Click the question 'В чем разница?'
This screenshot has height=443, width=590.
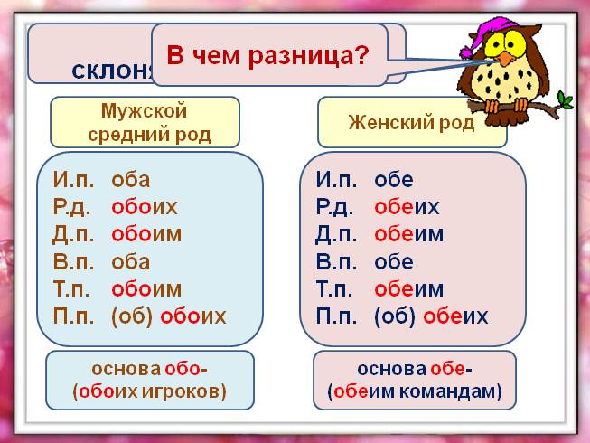point(268,55)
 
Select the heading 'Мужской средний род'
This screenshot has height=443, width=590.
point(145,123)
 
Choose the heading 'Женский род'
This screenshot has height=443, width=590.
point(411,123)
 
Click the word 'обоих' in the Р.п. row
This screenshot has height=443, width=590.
point(145,206)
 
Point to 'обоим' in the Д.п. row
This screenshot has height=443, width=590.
point(146,234)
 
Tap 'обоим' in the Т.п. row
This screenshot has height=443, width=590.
point(146,289)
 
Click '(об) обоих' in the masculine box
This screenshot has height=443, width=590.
point(168,316)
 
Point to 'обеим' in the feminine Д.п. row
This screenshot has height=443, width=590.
point(409,234)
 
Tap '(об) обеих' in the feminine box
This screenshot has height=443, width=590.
point(431,316)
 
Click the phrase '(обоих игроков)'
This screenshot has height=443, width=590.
point(149,391)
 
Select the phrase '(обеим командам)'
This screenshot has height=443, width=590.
point(415,392)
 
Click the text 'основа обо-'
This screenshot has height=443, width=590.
point(149,369)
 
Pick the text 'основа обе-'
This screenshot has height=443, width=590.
point(415,369)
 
